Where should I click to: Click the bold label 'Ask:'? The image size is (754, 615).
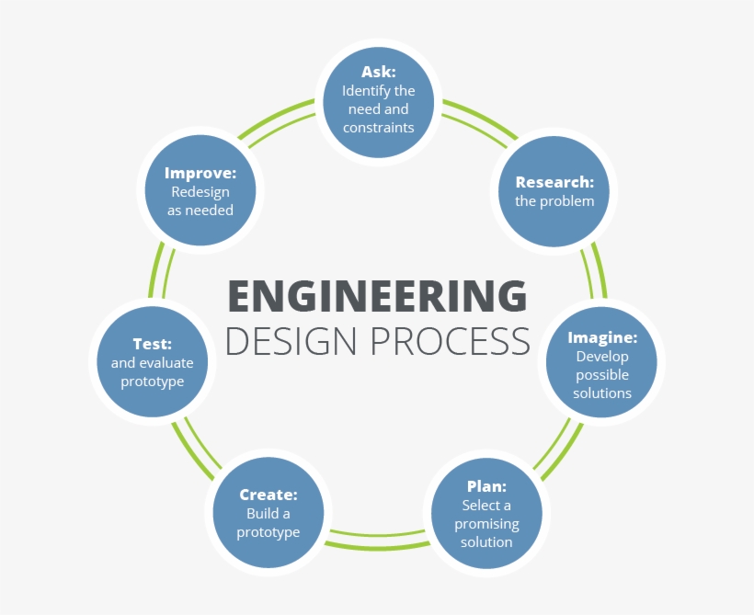pyautogui.click(x=378, y=72)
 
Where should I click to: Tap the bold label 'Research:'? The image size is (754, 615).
pyautogui.click(x=554, y=182)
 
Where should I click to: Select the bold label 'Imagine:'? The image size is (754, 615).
pyautogui.click(x=602, y=337)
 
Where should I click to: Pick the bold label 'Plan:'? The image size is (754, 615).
pyautogui.click(x=486, y=486)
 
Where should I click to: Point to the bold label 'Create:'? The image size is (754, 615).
pyautogui.click(x=268, y=495)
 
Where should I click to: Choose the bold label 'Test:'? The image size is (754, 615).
pyautogui.click(x=152, y=344)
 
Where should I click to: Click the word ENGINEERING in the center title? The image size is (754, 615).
pyautogui.click(x=377, y=297)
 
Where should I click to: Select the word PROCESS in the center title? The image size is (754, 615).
pyautogui.click(x=451, y=340)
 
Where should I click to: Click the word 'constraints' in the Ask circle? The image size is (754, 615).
pyautogui.click(x=378, y=128)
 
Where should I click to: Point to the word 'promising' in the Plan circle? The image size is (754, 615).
pyautogui.click(x=486, y=524)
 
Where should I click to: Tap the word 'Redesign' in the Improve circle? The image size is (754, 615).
pyautogui.click(x=200, y=191)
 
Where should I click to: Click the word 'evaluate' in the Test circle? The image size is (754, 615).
pyautogui.click(x=166, y=363)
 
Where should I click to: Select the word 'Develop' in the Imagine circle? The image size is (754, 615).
pyautogui.click(x=602, y=357)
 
